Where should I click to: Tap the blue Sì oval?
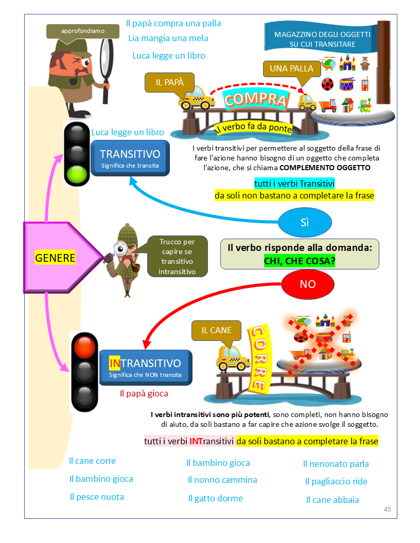click(305, 222)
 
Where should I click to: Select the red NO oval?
click(308, 284)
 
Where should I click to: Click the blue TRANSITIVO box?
click(130, 158)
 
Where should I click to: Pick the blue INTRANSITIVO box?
click(145, 367)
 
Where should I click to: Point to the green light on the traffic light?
click(78, 174)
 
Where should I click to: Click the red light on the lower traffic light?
click(84, 346)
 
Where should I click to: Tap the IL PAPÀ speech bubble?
click(170, 82)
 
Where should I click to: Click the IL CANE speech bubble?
click(216, 330)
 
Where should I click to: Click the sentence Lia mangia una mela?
click(168, 38)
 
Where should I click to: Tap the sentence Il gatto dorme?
click(215, 498)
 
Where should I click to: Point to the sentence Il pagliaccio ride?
click(336, 482)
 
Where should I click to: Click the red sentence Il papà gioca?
click(144, 393)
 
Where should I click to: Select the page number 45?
click(387, 509)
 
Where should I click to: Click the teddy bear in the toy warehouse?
click(364, 63)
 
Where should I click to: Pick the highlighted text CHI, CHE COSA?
click(300, 261)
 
